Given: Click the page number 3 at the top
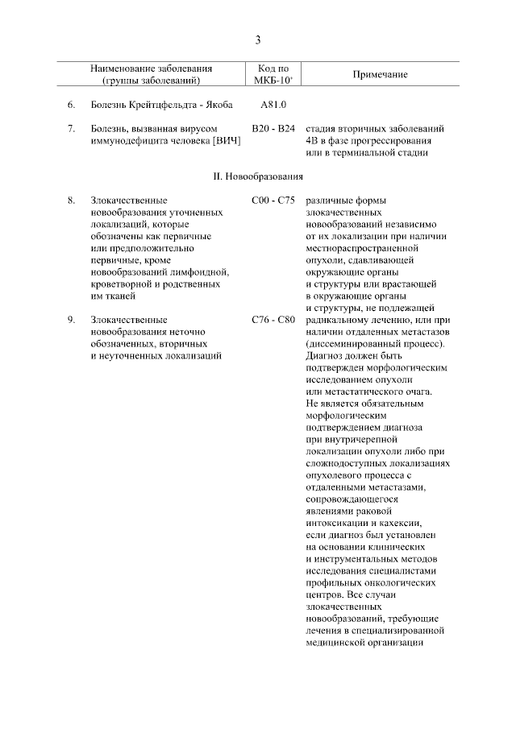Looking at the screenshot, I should (x=258, y=39).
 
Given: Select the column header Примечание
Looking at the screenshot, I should (x=380, y=75).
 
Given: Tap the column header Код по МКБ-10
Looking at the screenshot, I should (x=273, y=75).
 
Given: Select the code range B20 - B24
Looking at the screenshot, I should (x=273, y=129).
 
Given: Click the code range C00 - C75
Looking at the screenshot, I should (x=273, y=199).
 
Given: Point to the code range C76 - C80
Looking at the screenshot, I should (x=273, y=320).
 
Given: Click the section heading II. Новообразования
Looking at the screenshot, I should (x=258, y=176).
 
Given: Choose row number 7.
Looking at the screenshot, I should (x=71, y=129).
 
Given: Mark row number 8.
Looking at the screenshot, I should (x=71, y=199).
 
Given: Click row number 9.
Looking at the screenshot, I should (x=71, y=320).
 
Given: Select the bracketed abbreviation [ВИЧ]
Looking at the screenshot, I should (x=226, y=141).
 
